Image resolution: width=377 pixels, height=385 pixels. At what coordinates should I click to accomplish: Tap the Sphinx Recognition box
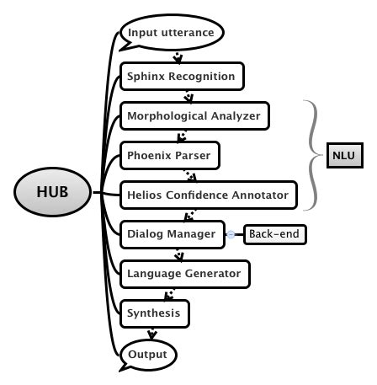coord(182,77)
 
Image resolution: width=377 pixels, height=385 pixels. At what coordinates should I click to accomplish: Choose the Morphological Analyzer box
coord(194,115)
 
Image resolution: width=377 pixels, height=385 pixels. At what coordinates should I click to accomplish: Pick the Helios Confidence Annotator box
coord(208,195)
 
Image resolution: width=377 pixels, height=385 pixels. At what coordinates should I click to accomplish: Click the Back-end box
coord(275,234)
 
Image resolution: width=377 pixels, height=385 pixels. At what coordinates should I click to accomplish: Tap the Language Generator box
coord(184,274)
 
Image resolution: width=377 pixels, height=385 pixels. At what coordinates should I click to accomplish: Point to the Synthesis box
coord(154,313)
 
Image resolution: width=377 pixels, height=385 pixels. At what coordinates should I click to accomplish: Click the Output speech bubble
coord(149,354)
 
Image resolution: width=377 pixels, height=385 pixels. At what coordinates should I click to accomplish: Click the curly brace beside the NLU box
coord(312,155)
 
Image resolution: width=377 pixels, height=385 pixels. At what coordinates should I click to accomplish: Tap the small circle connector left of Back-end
coord(230,234)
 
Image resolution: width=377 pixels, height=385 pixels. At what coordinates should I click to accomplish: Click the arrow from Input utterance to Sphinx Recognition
coord(178,57)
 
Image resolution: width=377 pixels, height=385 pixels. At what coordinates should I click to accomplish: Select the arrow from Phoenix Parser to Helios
coord(192,176)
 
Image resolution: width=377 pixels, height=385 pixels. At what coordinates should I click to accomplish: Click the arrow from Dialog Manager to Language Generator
coord(178,254)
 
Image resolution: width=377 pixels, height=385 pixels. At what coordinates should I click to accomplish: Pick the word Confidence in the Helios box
coord(215,195)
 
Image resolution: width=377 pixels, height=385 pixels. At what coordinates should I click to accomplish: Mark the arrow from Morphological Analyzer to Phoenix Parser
coord(182,136)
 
